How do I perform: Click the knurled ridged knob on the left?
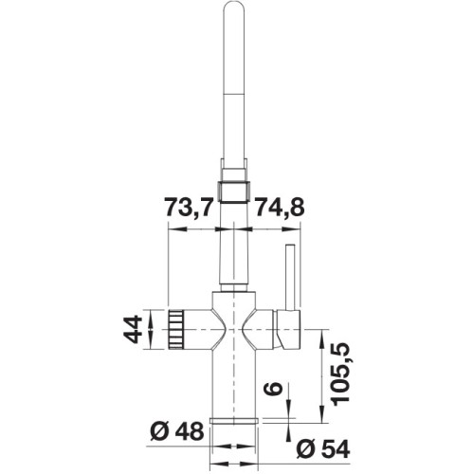[178, 329]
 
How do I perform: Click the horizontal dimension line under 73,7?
[199, 228]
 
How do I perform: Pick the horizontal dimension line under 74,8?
[270, 228]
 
